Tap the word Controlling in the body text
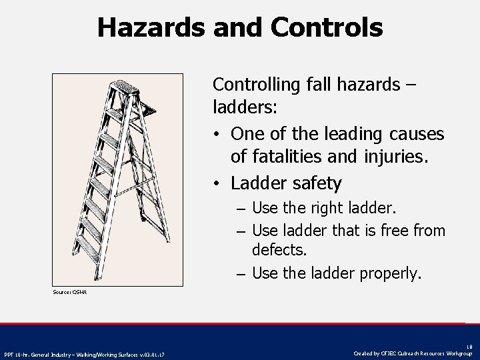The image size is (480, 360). point(257,85)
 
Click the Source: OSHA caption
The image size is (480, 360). point(70,292)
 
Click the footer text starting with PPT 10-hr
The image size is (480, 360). point(85,353)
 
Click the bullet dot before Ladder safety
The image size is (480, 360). point(218,183)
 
